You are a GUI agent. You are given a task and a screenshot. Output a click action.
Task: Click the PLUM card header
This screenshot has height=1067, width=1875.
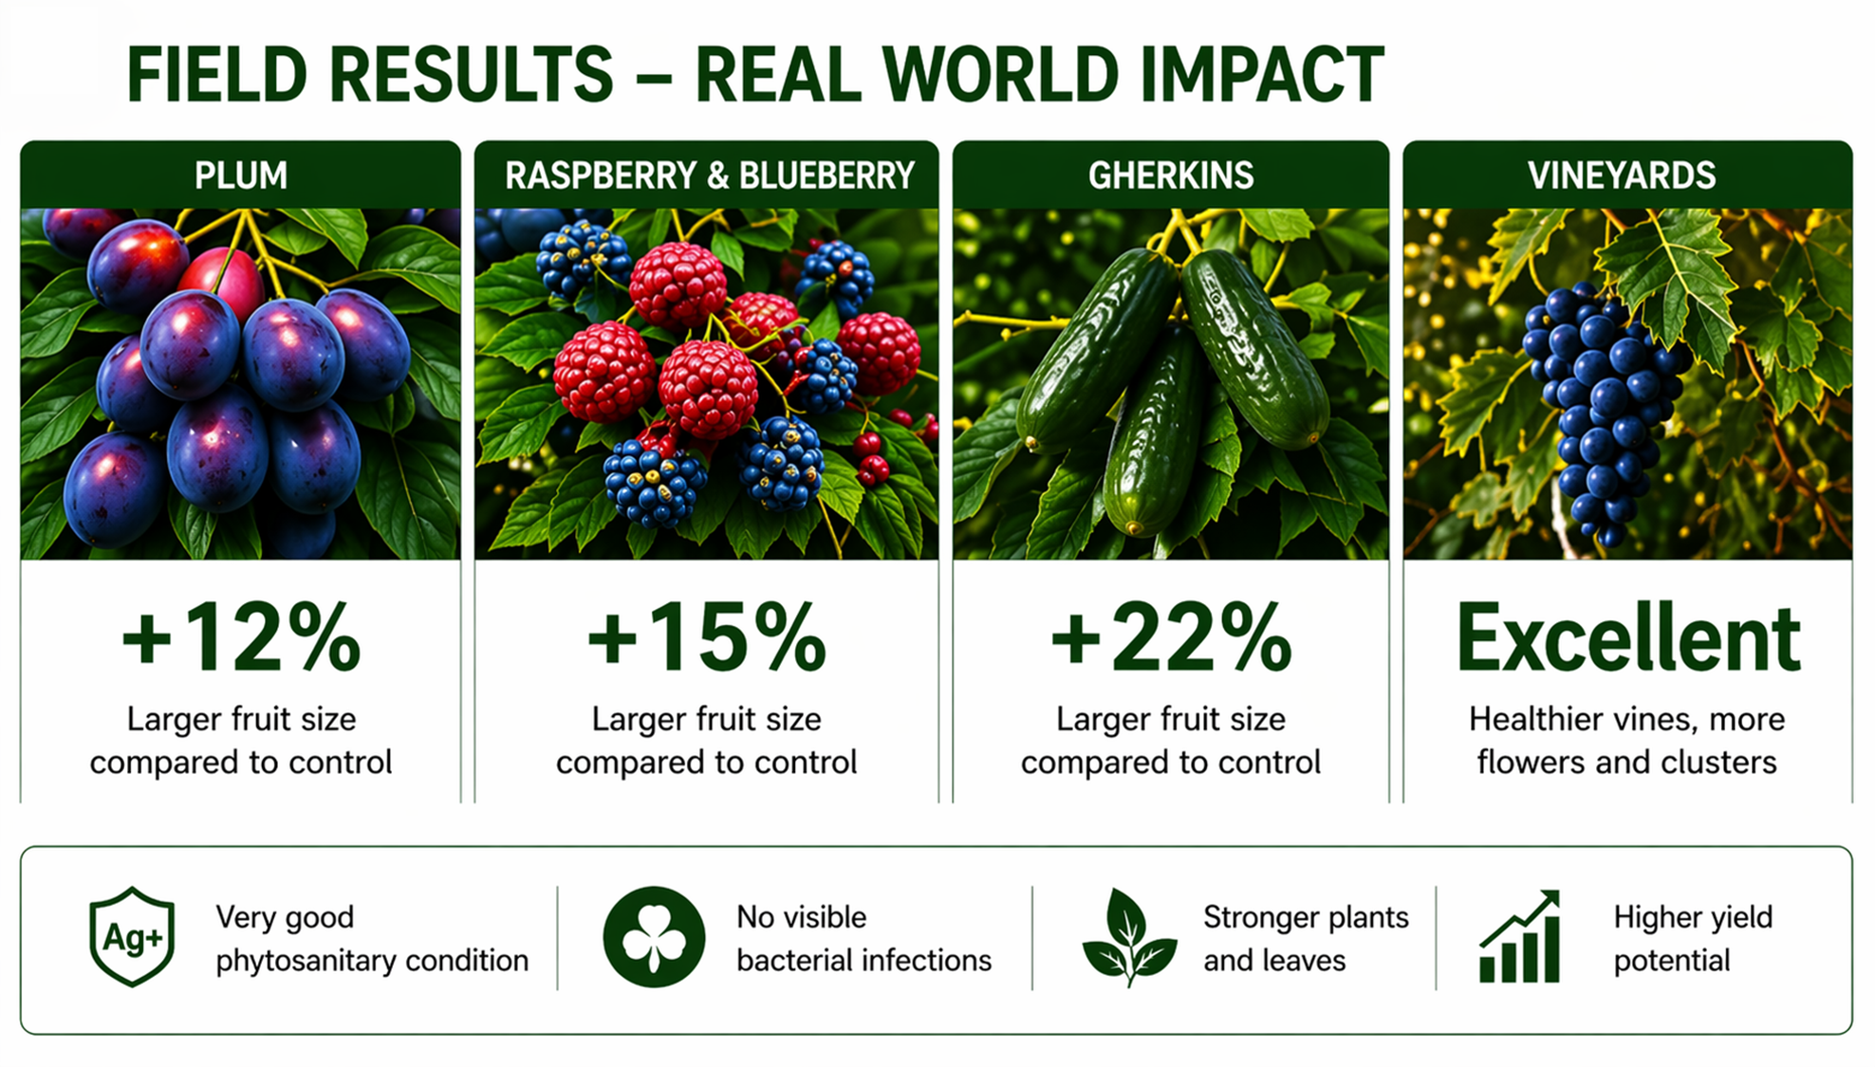241,175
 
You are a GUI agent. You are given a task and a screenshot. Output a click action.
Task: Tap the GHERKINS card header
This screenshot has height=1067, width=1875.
1171,175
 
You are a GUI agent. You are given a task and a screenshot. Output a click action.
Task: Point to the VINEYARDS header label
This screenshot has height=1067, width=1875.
1622,175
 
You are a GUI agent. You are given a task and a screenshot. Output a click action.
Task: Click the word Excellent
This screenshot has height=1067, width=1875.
1628,637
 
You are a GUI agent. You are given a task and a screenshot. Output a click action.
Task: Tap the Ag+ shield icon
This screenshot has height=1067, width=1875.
132,937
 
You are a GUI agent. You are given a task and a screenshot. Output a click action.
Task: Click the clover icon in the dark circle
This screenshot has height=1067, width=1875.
654,937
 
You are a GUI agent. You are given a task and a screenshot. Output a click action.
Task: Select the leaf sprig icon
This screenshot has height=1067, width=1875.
1129,937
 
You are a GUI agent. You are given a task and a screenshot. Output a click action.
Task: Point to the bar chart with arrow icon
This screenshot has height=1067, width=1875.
1520,936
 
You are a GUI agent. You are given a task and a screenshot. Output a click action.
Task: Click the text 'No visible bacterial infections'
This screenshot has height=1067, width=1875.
863,938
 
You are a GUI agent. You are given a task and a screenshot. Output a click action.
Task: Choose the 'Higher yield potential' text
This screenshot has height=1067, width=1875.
1693,938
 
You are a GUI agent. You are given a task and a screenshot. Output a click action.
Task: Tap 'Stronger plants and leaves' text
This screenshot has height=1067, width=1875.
1306,938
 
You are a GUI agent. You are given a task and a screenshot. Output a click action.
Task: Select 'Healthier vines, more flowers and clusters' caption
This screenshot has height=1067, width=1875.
1626,740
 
